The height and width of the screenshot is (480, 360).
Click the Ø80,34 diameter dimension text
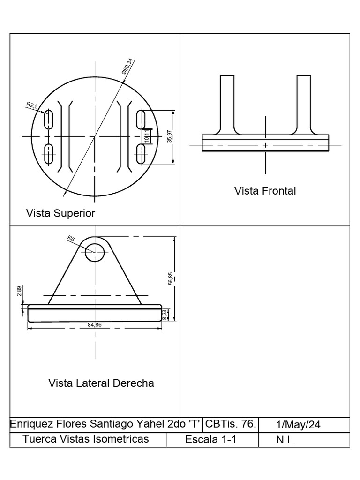pyautogui.click(x=127, y=67)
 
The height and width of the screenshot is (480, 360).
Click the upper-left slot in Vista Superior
pyautogui.click(x=49, y=120)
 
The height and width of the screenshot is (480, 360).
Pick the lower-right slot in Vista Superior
pyautogui.click(x=141, y=154)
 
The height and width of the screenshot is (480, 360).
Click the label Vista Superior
pyautogui.click(x=61, y=213)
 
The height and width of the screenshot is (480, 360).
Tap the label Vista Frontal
pyautogui.click(x=265, y=191)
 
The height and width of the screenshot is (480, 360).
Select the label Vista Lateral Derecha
pyautogui.click(x=101, y=383)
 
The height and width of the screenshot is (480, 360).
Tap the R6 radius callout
pyautogui.click(x=71, y=239)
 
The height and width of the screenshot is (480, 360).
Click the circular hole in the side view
pyautogui.click(x=95, y=252)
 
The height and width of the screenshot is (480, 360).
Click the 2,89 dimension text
pyautogui.click(x=19, y=292)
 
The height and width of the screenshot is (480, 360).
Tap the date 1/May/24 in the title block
pyautogui.click(x=298, y=425)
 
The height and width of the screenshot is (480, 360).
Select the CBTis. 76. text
pyautogui.click(x=230, y=424)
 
